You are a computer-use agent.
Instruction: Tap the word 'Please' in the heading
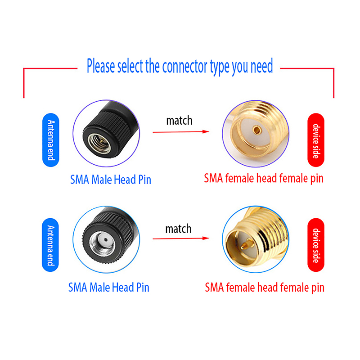pos(100,66)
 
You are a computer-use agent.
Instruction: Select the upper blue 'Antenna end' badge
pos(51,140)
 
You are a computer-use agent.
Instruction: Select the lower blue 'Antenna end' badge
pos(50,245)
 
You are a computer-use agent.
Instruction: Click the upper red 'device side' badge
pos(316,140)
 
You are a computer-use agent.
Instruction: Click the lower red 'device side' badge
pos(316,245)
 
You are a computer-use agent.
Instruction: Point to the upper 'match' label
pos(179,121)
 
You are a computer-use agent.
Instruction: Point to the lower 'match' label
pos(178,229)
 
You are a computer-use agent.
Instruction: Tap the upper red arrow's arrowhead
pos(206,131)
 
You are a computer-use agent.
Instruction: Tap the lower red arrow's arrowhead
pos(206,238)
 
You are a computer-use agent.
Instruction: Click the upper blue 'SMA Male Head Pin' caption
pos(111,180)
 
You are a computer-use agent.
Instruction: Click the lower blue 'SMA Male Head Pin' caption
pos(109,287)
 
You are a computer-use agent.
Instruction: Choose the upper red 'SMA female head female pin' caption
pos(264,179)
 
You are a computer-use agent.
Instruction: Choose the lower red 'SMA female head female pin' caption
pos(265,288)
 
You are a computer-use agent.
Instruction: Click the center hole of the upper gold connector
pos(256,130)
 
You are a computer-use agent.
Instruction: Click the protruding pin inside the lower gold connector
pos(246,245)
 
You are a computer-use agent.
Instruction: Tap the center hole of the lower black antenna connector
pos(106,240)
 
